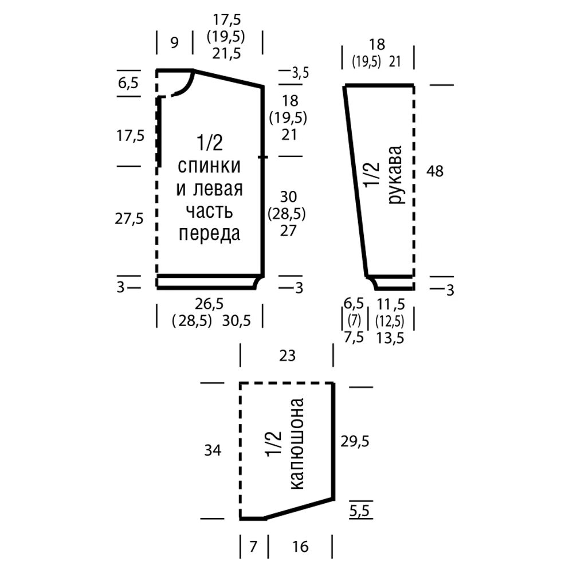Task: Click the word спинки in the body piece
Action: click(x=209, y=167)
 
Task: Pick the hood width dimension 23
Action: click(x=288, y=356)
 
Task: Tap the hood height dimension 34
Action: click(x=213, y=450)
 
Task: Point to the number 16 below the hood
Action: click(x=299, y=547)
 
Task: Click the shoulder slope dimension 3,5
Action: click(x=300, y=73)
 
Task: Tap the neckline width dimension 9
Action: click(x=174, y=42)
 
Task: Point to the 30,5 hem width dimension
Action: click(x=237, y=321)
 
